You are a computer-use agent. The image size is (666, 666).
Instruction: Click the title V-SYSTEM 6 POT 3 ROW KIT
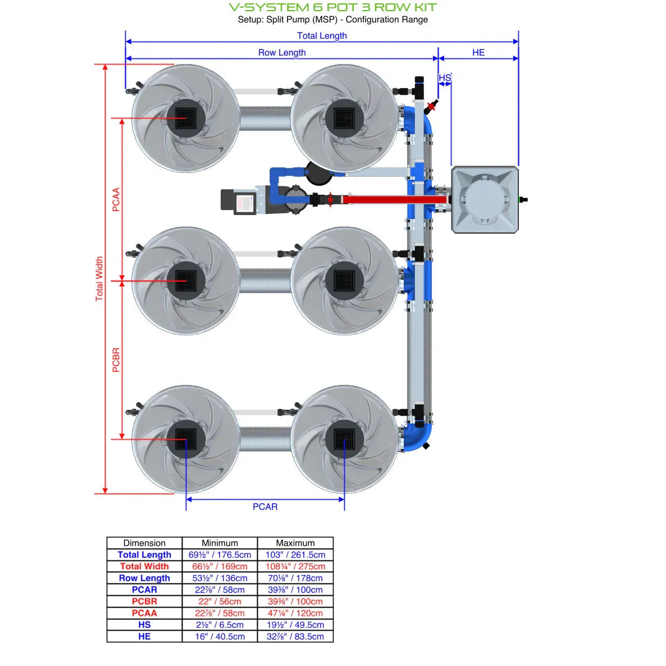click(332, 8)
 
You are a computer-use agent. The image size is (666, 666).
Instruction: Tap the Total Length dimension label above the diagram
click(322, 35)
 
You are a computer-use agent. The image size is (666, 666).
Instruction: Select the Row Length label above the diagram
click(282, 52)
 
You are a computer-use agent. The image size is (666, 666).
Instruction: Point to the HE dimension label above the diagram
click(478, 52)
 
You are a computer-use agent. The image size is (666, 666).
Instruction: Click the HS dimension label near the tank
click(445, 77)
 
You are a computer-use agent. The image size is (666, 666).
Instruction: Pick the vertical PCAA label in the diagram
click(116, 199)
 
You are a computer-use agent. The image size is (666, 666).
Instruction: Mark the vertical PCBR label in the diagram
click(116, 360)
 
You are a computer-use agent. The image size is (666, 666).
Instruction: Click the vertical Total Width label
click(99, 279)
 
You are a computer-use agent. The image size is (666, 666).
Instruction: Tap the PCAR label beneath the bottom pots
click(265, 507)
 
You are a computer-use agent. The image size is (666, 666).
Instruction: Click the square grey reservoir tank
click(485, 199)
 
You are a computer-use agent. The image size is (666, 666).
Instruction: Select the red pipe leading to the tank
click(393, 199)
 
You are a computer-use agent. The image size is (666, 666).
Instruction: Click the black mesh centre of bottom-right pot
click(344, 439)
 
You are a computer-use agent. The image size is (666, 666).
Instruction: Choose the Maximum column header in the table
click(295, 543)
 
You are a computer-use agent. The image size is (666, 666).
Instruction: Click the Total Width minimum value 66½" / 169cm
click(220, 567)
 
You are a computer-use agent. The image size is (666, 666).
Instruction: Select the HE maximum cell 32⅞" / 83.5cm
click(295, 637)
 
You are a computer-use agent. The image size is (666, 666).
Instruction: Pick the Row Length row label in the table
click(144, 578)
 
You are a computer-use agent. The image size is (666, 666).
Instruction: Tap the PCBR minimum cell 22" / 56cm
click(220, 601)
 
